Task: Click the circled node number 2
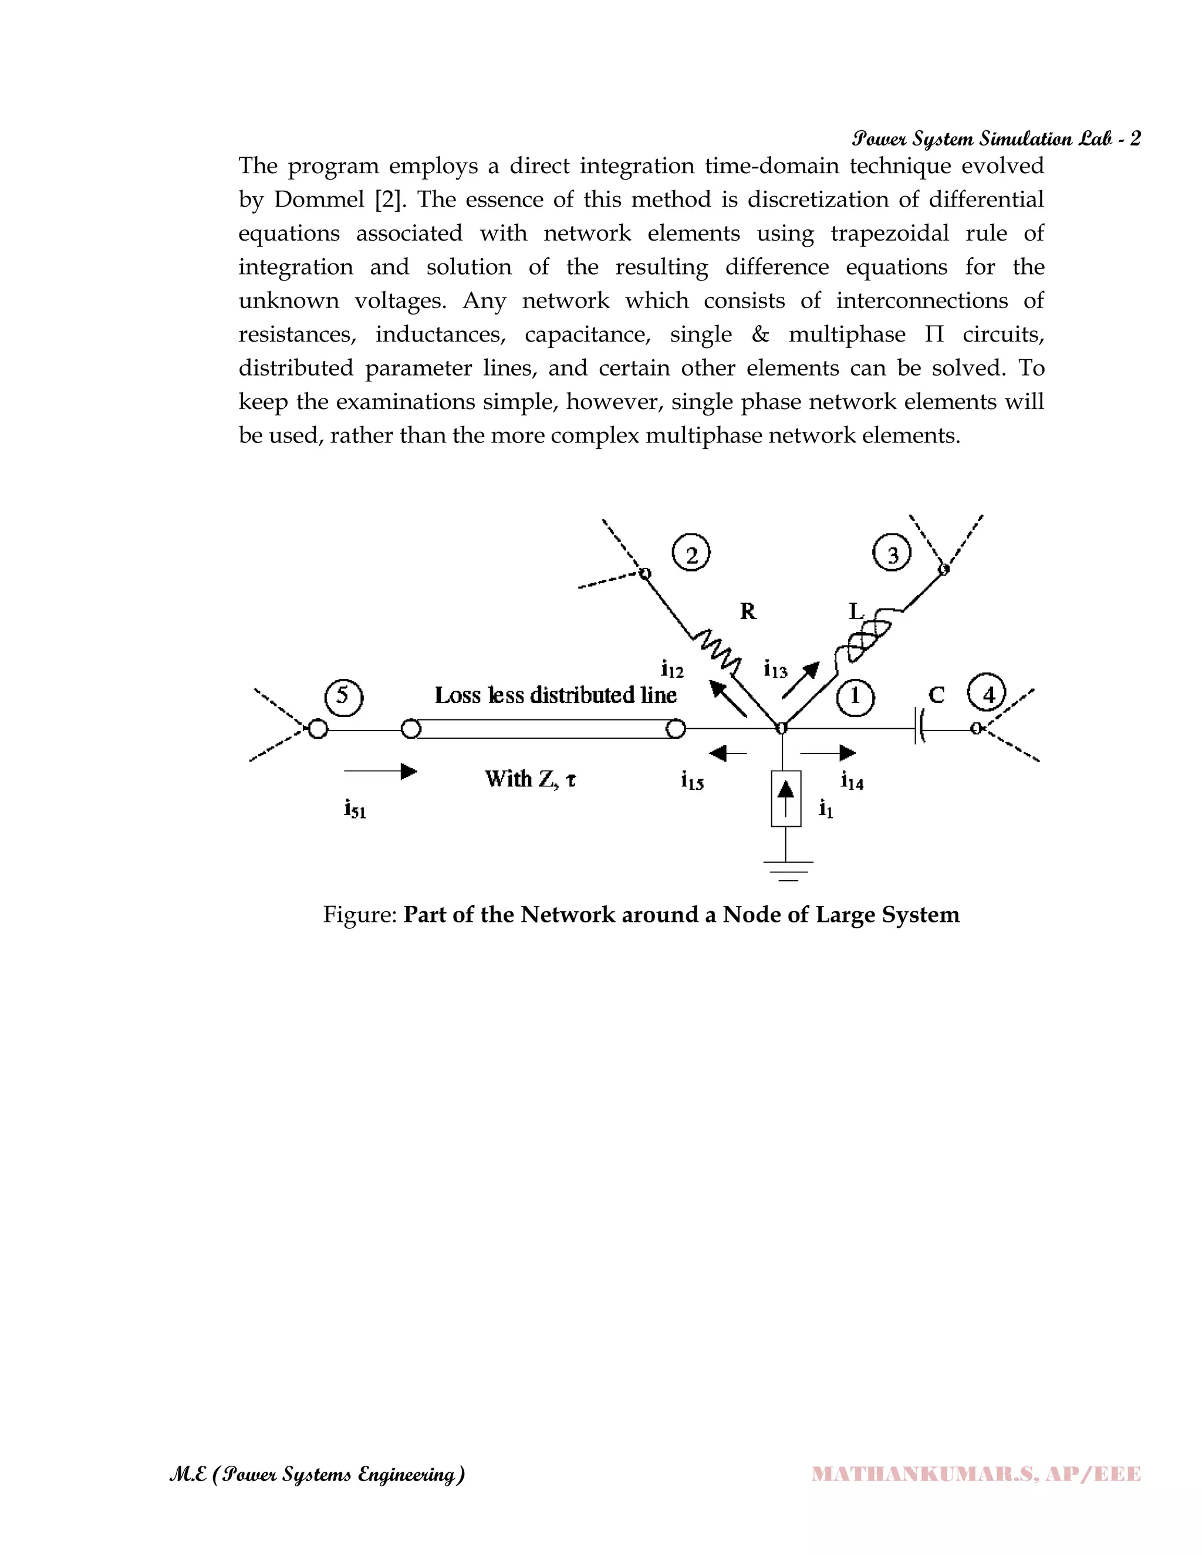click(x=691, y=553)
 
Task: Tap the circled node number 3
click(x=892, y=553)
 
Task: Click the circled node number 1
click(x=855, y=695)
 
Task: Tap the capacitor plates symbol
click(x=919, y=728)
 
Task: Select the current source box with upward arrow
click(x=785, y=798)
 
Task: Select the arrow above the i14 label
click(x=828, y=753)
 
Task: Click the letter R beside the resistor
click(x=748, y=611)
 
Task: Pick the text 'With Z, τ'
click(x=531, y=779)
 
